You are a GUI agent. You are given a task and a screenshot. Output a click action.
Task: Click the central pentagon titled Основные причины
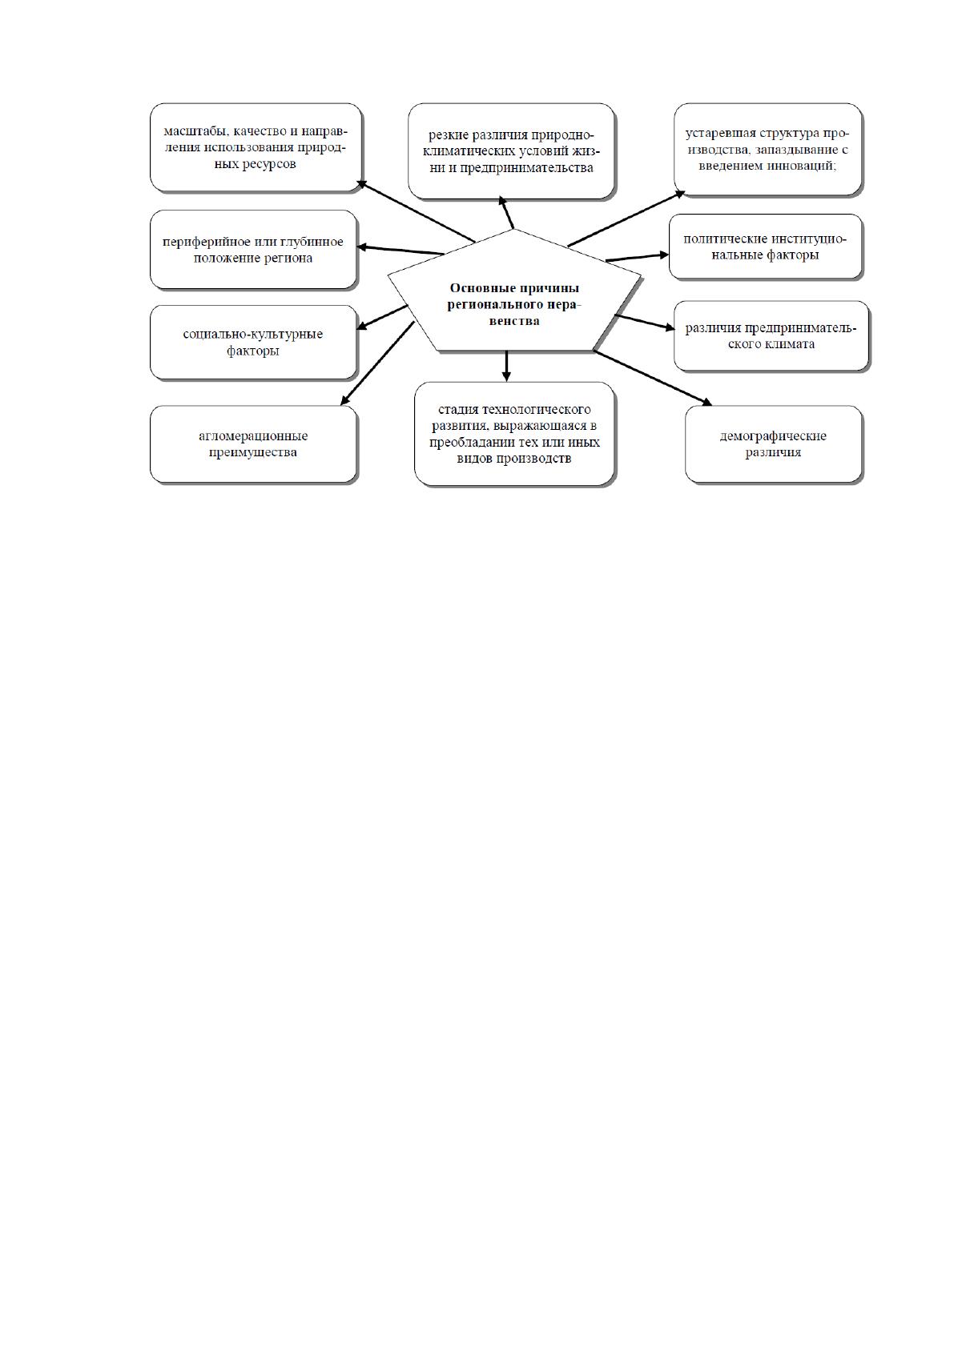513,295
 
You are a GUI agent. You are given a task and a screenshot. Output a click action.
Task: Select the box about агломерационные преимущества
253,444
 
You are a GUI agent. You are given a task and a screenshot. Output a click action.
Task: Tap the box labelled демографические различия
773,444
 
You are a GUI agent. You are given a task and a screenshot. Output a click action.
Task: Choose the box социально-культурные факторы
253,342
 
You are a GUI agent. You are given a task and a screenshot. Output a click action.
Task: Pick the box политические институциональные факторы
766,247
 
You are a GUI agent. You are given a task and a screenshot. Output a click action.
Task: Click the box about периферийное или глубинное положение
253,249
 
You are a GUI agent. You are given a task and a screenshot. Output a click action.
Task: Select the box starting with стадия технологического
514,433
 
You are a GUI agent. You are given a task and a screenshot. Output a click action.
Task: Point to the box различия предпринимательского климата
771,335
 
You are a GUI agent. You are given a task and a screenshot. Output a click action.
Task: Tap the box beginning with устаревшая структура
768,149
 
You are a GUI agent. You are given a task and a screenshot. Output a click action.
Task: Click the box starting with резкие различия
511,151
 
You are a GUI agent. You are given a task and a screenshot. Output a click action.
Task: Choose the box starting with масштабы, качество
256,147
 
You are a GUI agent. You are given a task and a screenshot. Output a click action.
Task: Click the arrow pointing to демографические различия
653,378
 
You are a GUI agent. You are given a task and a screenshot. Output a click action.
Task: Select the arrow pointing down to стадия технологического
506,366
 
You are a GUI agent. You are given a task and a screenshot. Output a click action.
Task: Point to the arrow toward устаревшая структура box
626,219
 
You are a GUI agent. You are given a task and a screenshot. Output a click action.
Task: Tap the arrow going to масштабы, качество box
417,211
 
